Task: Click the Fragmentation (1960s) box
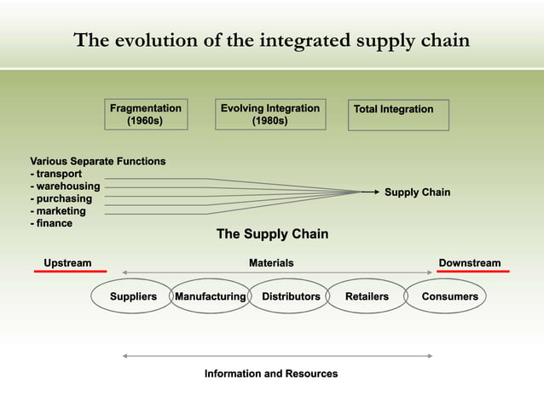tap(145, 115)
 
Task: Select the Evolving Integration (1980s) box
tap(269, 115)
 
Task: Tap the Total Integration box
tap(400, 115)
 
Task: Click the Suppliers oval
tap(133, 296)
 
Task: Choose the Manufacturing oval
tap(210, 296)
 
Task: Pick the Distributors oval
tap(291, 296)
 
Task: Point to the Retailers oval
tap(367, 296)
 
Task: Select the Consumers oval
tap(449, 296)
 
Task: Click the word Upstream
tap(67, 262)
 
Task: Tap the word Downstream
tap(469, 262)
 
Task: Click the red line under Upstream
tap(70, 271)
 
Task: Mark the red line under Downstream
tap(472, 271)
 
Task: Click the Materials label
tap(271, 263)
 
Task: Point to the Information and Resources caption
tap(271, 374)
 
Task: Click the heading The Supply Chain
tap(272, 234)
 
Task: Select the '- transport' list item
tap(56, 174)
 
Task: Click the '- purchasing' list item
tap(61, 198)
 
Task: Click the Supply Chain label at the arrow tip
tap(417, 192)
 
